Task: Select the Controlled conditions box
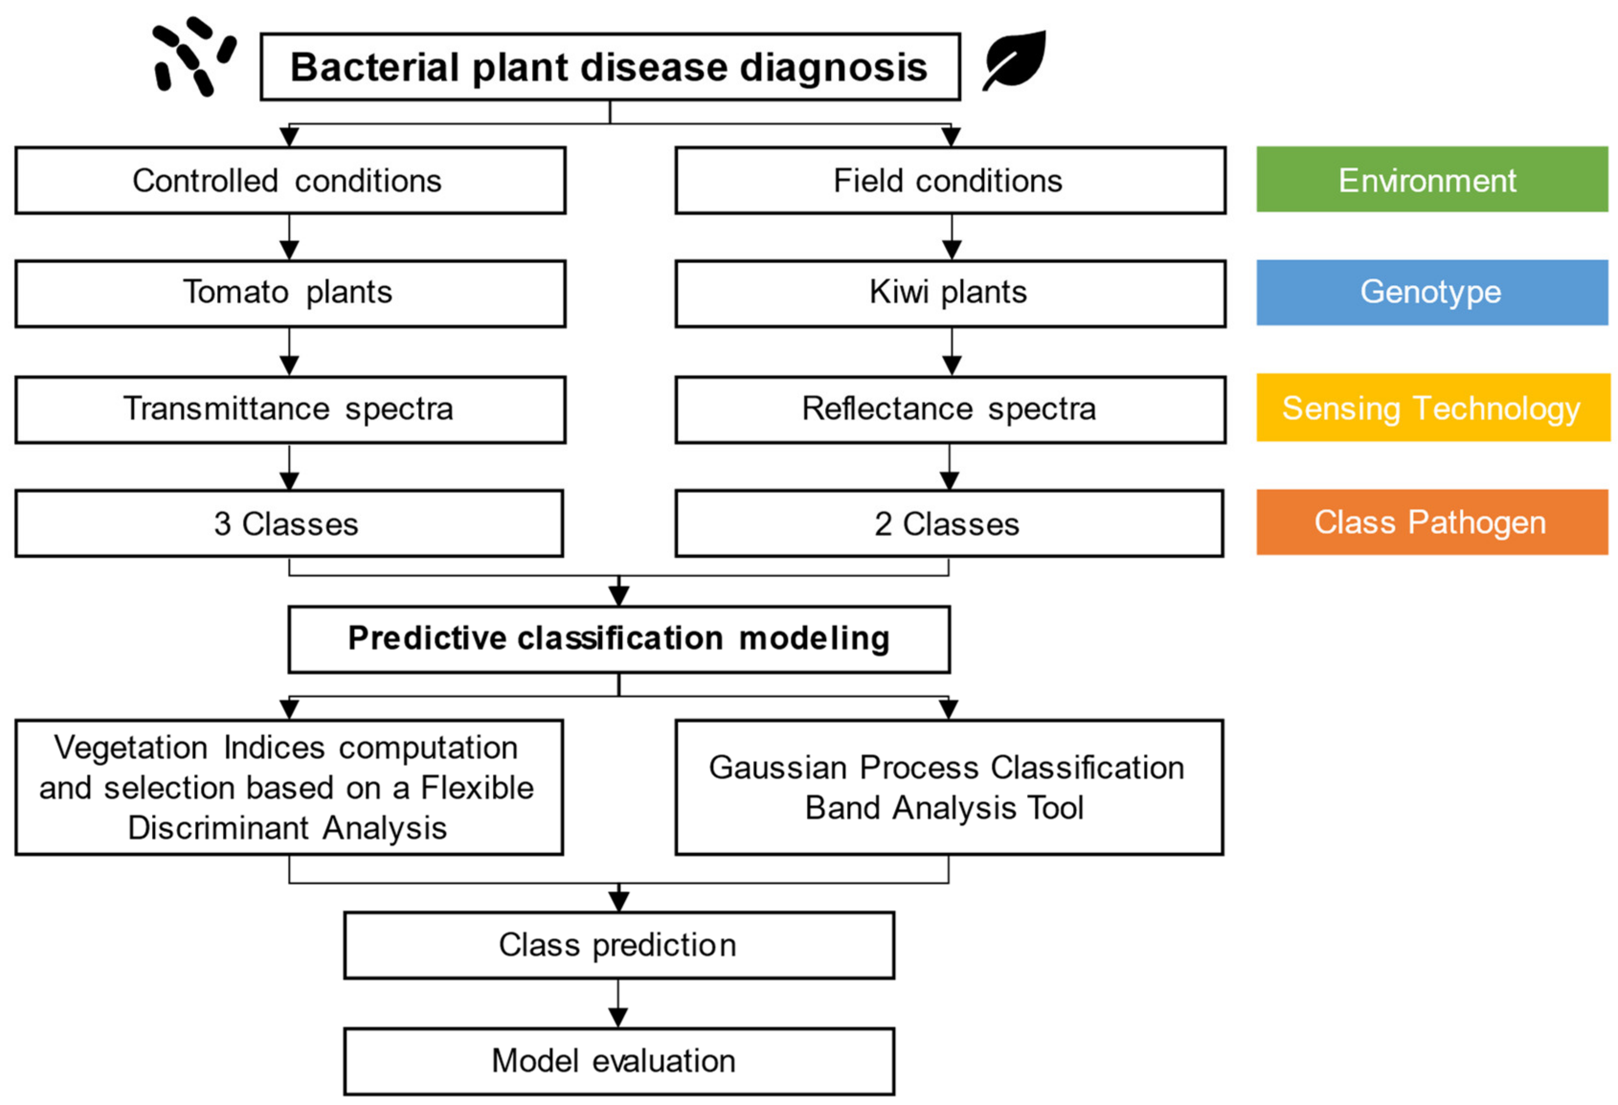pyautogui.click(x=290, y=180)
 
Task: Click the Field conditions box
pyautogui.click(x=950, y=180)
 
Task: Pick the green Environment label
pyautogui.click(x=1431, y=180)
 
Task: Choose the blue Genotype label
pyautogui.click(x=1431, y=293)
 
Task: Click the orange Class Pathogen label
pyautogui.click(x=1431, y=522)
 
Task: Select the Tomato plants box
pyautogui.click(x=290, y=293)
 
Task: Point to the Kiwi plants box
pyautogui.click(x=950, y=293)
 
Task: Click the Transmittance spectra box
pyautogui.click(x=290, y=409)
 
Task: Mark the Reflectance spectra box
pyautogui.click(x=950, y=409)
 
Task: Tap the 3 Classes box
pyautogui.click(x=288, y=524)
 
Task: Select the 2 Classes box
pyautogui.click(x=948, y=524)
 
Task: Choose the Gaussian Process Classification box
pyautogui.click(x=948, y=788)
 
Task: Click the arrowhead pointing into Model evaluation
pyautogui.click(x=618, y=1018)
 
